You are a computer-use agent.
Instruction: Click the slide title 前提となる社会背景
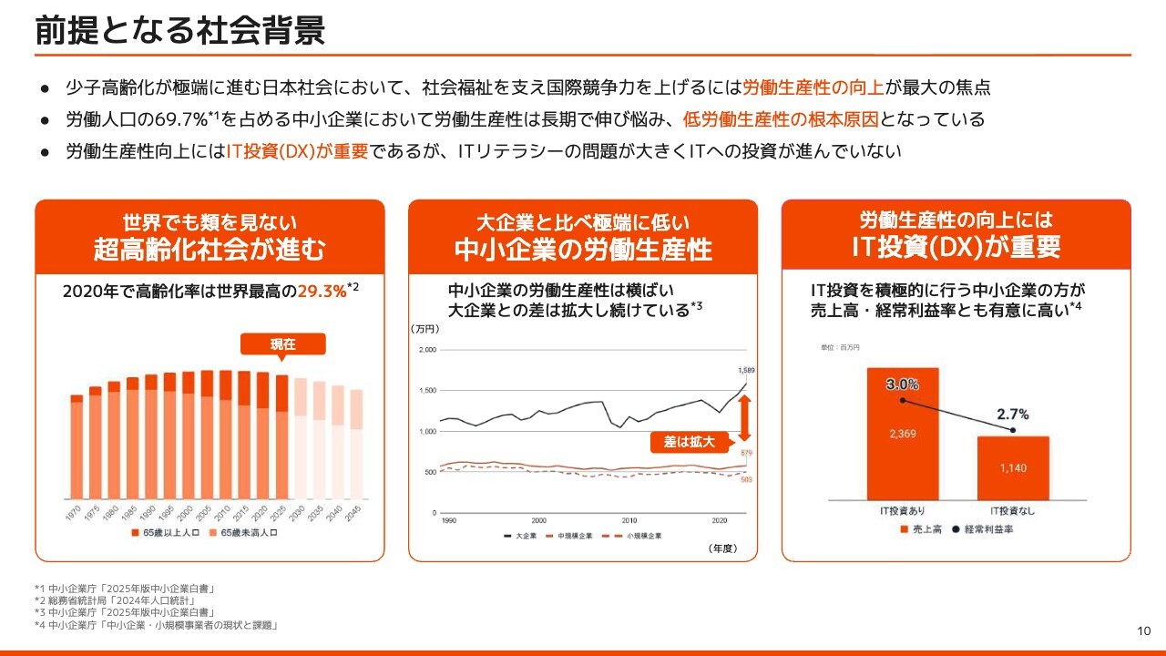pyautogui.click(x=179, y=31)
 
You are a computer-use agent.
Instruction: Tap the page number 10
pyautogui.click(x=1145, y=631)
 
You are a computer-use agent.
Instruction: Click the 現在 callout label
pyautogui.click(x=283, y=344)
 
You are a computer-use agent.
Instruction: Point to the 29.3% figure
pyautogui.click(x=322, y=292)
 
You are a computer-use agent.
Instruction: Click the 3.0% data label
pyautogui.click(x=902, y=384)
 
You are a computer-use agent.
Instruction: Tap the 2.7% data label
pyautogui.click(x=1012, y=415)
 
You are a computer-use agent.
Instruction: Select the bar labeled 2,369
pyautogui.click(x=902, y=434)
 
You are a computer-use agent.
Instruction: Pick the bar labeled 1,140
pyautogui.click(x=1013, y=467)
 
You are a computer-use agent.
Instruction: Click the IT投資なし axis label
pyautogui.click(x=1013, y=510)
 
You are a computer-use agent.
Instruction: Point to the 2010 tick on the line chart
pyautogui.click(x=629, y=520)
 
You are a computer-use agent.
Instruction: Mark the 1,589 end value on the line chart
pyautogui.click(x=746, y=371)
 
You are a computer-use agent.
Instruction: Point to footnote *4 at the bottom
pyautogui.click(x=155, y=625)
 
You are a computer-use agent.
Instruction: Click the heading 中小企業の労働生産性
pyautogui.click(x=583, y=250)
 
